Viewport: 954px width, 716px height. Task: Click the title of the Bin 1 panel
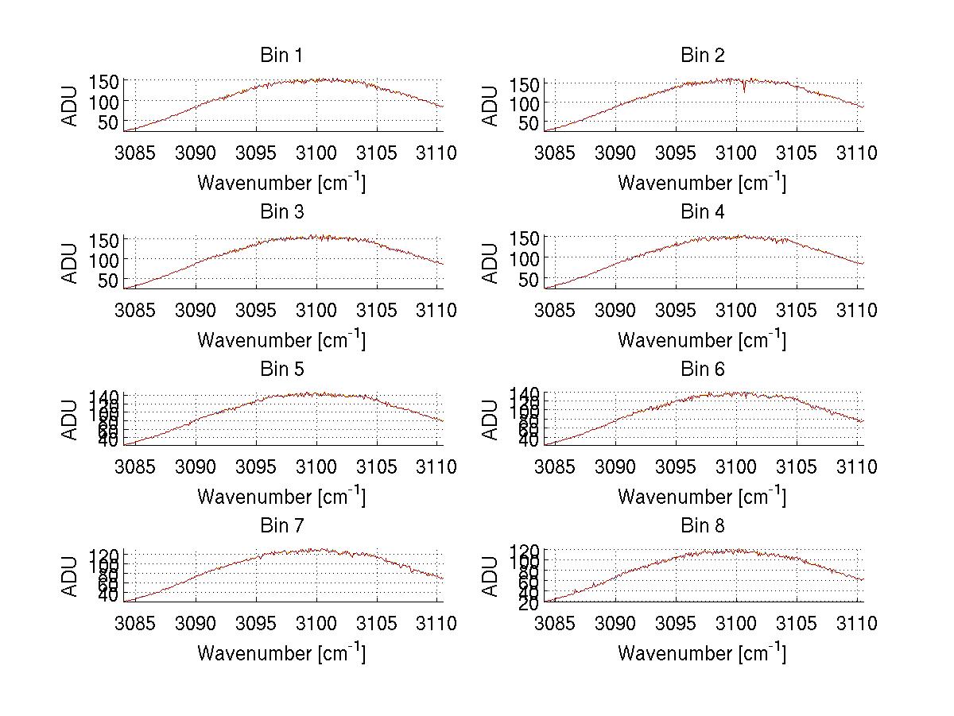[281, 55]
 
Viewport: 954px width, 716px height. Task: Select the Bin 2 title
[703, 55]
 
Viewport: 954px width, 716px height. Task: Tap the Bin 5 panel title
[281, 369]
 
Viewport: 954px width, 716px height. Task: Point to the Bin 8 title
[703, 525]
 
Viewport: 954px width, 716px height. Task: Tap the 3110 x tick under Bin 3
[438, 310]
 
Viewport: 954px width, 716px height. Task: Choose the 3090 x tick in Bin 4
[617, 310]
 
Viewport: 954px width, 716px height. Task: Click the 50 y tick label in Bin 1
[109, 122]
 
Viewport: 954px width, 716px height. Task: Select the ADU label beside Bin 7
[71, 575]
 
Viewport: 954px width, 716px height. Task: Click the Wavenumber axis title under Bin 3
[281, 340]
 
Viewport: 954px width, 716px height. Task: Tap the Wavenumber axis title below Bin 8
[703, 653]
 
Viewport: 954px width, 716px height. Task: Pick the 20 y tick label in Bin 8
[529, 603]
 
